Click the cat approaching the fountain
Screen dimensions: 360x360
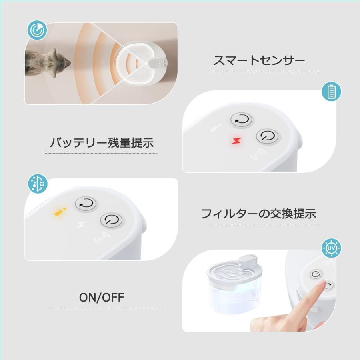point(47,63)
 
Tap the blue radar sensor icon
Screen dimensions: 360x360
point(37,30)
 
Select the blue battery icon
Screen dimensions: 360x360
point(331,91)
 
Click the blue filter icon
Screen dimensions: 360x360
point(38,184)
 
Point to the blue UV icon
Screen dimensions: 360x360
point(331,248)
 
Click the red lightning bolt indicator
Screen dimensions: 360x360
point(236,140)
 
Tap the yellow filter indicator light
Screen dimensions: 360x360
point(60,212)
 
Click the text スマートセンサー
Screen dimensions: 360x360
point(259,61)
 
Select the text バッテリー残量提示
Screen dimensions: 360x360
point(102,142)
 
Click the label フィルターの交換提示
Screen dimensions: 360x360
point(259,214)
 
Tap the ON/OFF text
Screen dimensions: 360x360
point(102,297)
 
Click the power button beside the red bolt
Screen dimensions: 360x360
point(267,136)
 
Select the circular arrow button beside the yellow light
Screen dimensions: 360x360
point(86,204)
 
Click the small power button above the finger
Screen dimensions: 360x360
point(316,274)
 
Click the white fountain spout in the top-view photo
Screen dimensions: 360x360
point(158,63)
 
